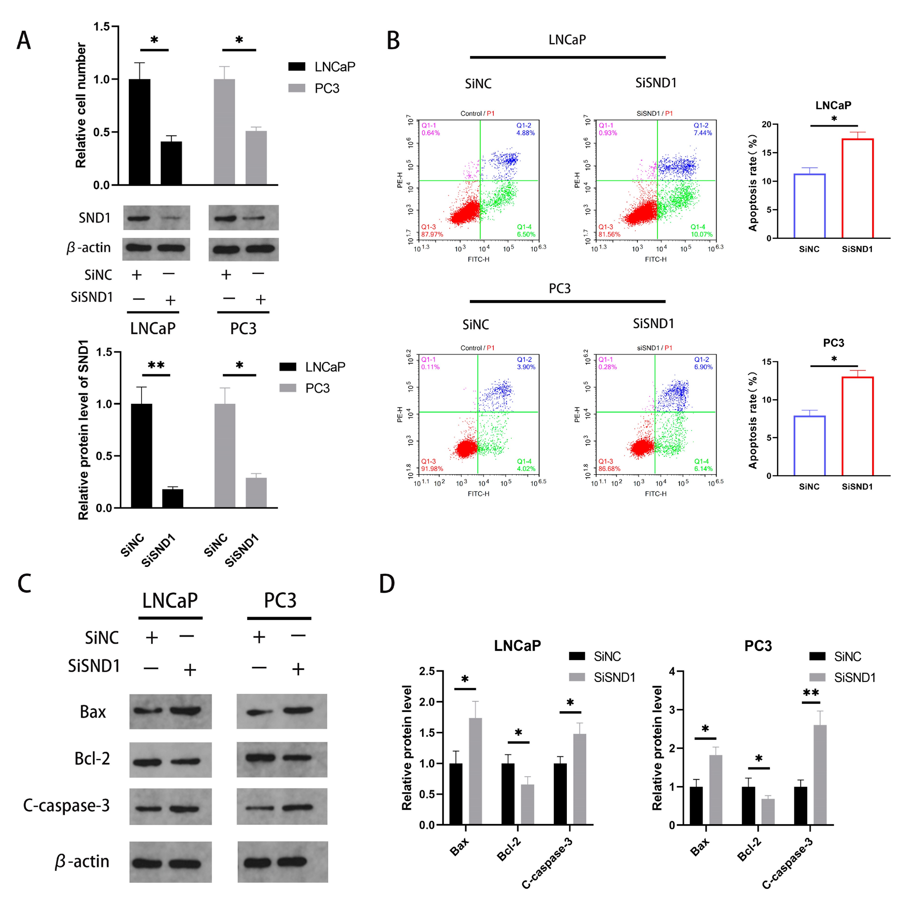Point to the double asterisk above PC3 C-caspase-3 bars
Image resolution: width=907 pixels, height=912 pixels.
pos(811,693)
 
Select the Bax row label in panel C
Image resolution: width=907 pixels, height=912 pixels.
pos(93,711)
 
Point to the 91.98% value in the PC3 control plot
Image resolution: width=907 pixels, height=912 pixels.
pos(432,469)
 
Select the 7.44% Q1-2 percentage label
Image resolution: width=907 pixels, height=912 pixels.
pos(702,133)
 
